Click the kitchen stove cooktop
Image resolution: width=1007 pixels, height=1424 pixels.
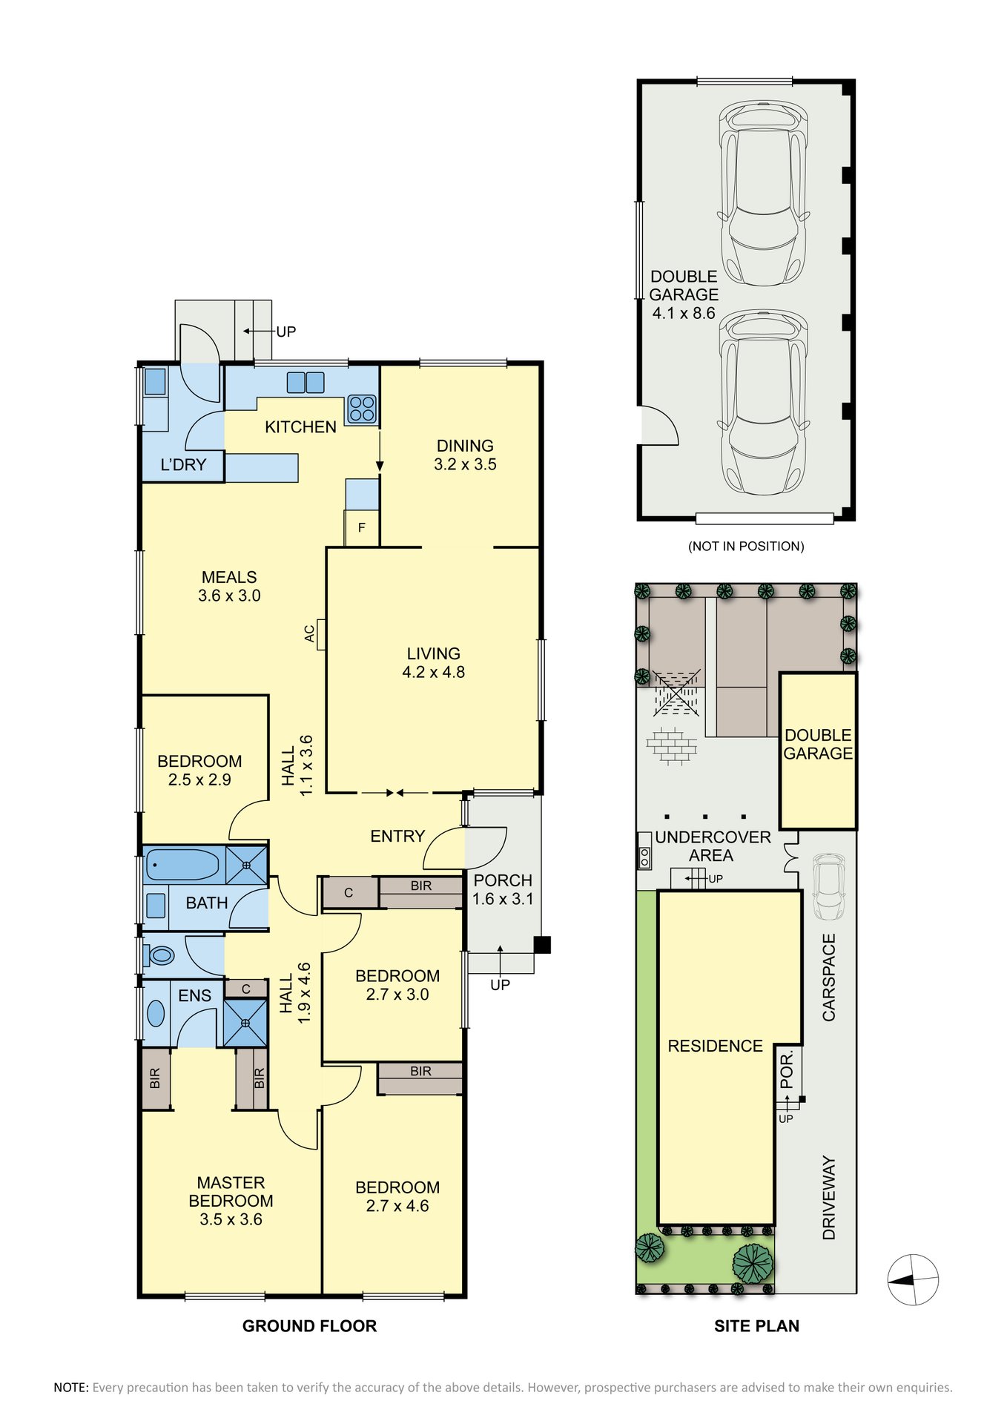pos(362,409)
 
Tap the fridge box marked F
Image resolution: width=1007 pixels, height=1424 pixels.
pos(362,528)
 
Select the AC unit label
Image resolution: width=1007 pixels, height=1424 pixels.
pos(309,633)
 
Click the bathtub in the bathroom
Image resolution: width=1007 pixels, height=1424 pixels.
pos(182,865)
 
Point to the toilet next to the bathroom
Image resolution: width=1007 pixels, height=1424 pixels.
pos(159,955)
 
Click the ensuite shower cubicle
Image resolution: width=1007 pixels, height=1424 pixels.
pos(245,1023)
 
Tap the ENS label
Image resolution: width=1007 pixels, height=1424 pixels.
pos(195,996)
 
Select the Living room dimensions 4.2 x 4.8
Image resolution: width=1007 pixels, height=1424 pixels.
pos(434,673)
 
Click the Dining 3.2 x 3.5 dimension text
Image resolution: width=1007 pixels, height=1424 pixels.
pos(465,465)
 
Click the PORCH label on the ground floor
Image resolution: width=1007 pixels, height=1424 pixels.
pos(503,880)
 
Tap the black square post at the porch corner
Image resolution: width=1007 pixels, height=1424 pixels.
pos(543,945)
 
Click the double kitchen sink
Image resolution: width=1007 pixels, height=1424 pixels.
pos(306,383)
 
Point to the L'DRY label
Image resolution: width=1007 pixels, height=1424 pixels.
pos(183,465)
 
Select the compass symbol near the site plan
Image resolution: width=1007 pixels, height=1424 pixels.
pos(914,1280)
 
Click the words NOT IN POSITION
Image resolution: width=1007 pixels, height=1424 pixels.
pos(746,547)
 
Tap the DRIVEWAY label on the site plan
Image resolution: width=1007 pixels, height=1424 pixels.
pos(829,1198)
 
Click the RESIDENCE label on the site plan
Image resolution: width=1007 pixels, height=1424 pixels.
pos(715,1046)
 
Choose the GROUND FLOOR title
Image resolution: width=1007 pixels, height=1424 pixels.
pos(309,1326)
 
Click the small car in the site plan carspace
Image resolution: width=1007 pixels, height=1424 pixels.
pos(829,887)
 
